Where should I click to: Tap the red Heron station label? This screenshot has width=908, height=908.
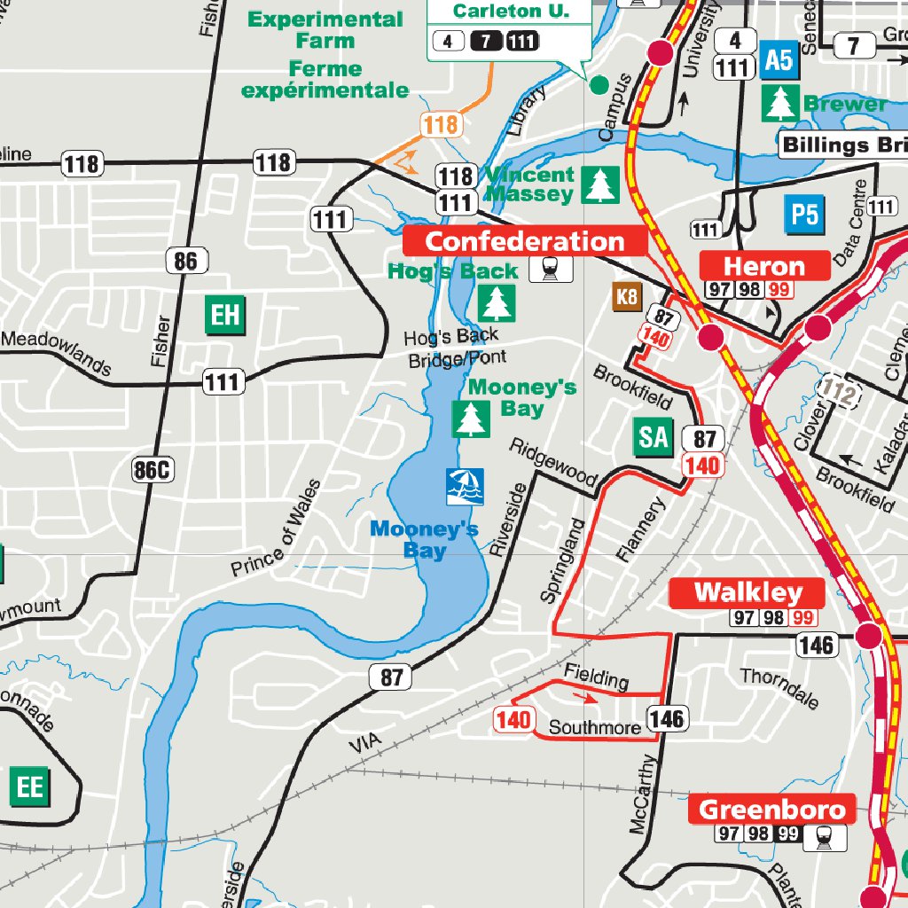764,266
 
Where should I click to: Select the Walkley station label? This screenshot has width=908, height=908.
748,592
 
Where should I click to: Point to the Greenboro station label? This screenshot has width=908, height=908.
772,809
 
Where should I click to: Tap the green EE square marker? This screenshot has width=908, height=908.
30,787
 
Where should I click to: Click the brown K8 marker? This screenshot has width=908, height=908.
627,297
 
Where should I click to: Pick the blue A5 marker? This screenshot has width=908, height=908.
778,61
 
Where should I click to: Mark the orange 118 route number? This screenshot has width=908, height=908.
441,125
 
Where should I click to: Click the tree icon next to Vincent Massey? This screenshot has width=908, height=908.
600,184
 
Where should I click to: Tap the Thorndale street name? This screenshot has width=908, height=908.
779,688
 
